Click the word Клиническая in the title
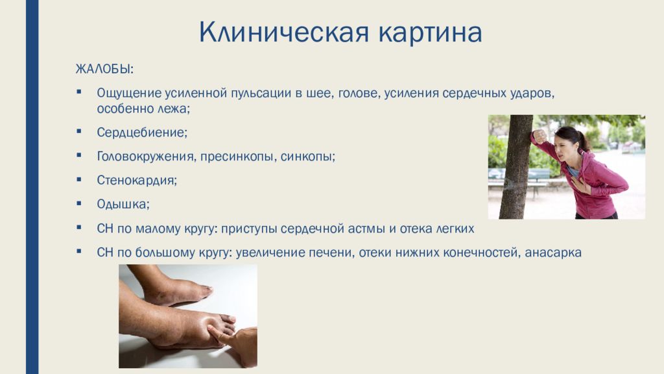point(284,32)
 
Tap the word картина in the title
point(431,33)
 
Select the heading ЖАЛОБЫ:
point(104,69)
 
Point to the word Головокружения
point(147,156)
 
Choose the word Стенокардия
point(137,181)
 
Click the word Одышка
point(123,204)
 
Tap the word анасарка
point(553,253)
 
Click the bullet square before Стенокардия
point(78,179)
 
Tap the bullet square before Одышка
point(78,203)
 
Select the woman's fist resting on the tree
point(539,136)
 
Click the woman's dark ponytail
point(583,140)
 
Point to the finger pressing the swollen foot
point(225,335)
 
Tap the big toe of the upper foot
point(203,291)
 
